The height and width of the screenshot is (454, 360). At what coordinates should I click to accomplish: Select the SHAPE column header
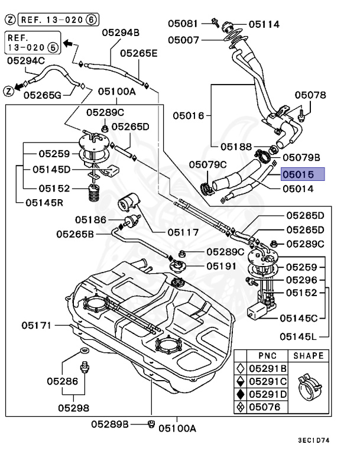(x=307, y=355)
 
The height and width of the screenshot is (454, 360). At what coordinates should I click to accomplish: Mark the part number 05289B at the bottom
(x=110, y=424)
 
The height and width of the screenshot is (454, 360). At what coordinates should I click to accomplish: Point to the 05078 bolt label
(x=310, y=95)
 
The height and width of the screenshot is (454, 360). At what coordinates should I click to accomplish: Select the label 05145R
(x=45, y=202)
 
